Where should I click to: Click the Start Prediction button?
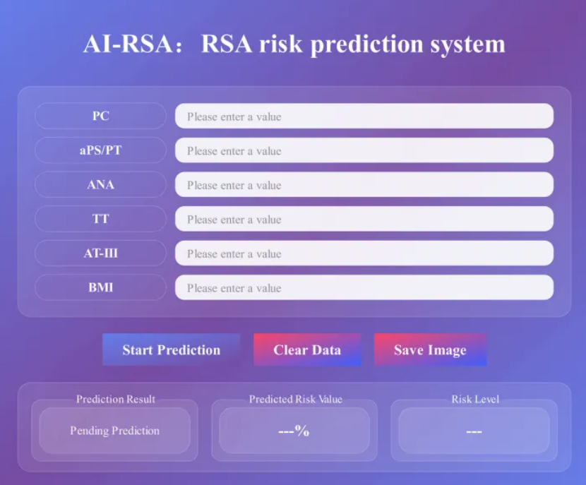point(171,349)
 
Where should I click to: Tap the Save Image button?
point(430,349)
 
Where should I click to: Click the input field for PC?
point(364,116)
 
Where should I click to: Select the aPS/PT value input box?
point(364,150)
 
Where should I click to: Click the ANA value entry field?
point(364,184)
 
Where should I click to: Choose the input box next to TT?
point(364,219)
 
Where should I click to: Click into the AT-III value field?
point(364,253)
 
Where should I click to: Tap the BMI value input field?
point(364,288)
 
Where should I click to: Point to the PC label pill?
point(100,116)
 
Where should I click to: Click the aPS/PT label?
point(100,150)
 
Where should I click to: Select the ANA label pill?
point(100,184)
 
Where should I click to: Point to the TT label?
point(100,219)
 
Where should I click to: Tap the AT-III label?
point(100,253)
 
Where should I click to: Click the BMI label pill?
point(100,288)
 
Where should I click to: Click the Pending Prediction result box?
point(115,431)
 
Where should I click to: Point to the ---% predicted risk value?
point(294,431)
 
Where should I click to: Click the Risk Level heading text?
point(475,399)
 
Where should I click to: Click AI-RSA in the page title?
point(128,44)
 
